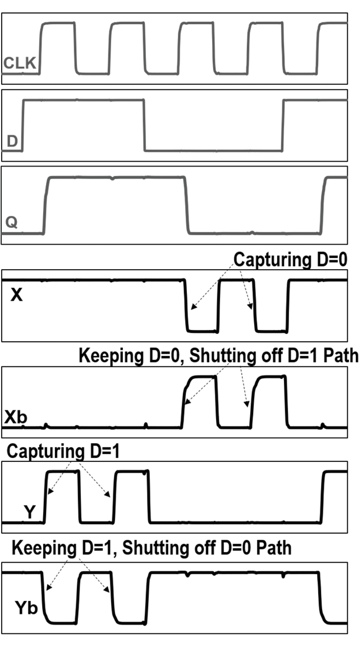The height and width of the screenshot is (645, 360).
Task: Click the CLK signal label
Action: tap(20, 63)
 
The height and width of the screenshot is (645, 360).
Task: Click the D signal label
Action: tap(12, 141)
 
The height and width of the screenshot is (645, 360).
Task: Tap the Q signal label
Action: tap(12, 222)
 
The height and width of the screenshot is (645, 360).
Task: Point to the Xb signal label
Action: tap(16, 418)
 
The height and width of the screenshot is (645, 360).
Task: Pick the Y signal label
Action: tap(29, 512)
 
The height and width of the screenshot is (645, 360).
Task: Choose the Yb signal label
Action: tap(26, 608)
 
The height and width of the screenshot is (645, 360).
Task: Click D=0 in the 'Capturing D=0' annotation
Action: tap(332, 260)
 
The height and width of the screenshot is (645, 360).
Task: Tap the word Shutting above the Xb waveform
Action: tap(222, 355)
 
